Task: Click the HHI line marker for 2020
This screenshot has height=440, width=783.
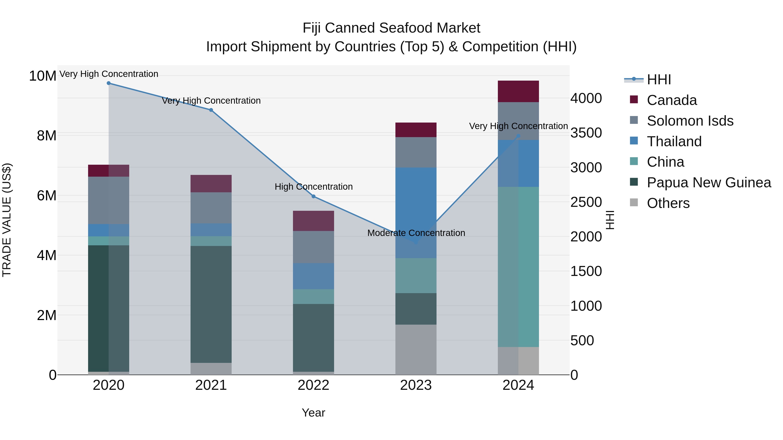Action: click(x=109, y=83)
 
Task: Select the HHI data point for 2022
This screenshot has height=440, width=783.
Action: click(x=313, y=196)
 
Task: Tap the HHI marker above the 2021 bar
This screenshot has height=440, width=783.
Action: click(x=211, y=110)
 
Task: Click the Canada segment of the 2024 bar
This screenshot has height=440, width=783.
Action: click(x=518, y=91)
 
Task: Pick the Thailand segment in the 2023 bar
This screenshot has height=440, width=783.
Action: click(x=416, y=213)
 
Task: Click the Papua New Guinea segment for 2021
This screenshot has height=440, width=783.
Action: click(x=211, y=304)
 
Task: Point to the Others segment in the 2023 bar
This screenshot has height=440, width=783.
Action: click(x=416, y=350)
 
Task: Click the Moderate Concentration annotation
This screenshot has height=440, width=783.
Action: click(x=416, y=233)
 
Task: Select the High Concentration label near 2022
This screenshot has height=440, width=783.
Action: click(x=314, y=186)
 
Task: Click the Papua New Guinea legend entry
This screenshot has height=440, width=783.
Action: click(x=709, y=183)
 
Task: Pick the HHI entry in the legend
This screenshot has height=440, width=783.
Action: click(x=659, y=80)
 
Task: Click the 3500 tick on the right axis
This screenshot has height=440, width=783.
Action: click(x=586, y=133)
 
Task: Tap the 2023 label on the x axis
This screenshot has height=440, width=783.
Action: click(x=416, y=385)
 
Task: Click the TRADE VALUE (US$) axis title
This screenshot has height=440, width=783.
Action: click(x=7, y=220)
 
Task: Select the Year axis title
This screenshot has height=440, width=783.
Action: click(x=313, y=413)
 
